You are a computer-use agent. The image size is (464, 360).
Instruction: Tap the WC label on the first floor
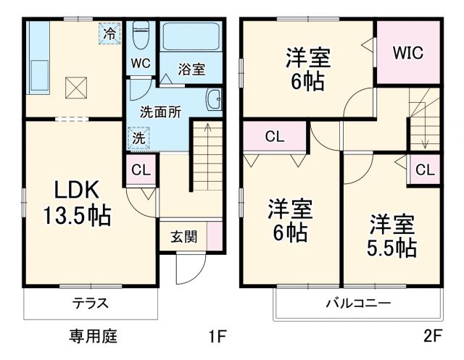pos(141,63)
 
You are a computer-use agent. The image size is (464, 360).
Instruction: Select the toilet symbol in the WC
pos(141,33)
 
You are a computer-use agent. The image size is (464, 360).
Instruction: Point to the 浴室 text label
pos(191,70)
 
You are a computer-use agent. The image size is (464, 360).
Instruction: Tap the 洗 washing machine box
pos(137,137)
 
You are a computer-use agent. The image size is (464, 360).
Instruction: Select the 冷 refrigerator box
pos(109,33)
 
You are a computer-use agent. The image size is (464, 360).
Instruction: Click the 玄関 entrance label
pos(182,236)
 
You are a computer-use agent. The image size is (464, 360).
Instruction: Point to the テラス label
pos(91,303)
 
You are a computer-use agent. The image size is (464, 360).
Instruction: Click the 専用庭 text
pos(93,336)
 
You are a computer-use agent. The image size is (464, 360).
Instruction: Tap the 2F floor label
pos(432,337)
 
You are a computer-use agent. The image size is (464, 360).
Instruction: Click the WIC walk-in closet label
pos(408,53)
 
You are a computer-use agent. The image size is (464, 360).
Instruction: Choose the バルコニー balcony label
pos(357,303)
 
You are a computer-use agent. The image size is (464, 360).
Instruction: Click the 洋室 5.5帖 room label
pos(391,235)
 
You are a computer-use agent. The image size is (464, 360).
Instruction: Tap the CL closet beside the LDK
pos(141,171)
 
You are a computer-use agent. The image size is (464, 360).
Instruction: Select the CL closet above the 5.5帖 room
pos(425,171)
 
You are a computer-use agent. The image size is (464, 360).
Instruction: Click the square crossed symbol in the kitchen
pos(75,88)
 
